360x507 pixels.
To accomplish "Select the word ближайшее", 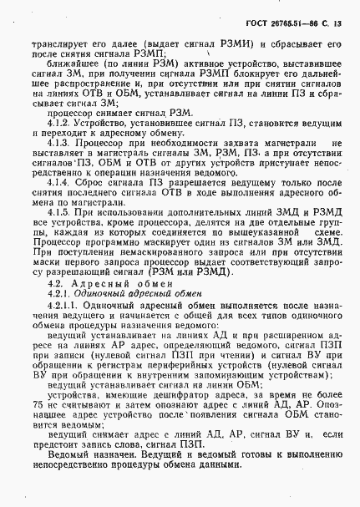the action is pos(66,60).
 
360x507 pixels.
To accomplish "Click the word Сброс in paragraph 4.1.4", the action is pos(90,180).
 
